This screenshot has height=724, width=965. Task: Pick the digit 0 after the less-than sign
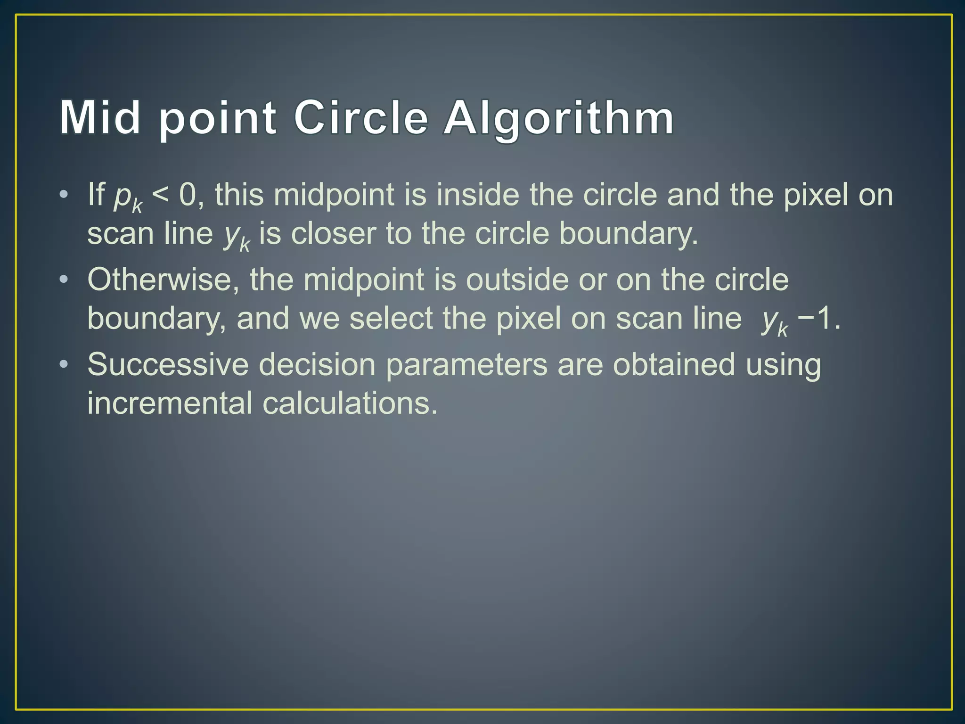pos(188,194)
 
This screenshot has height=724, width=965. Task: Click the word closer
pos(333,233)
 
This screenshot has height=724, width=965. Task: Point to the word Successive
pos(168,364)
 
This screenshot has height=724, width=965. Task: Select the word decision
pos(317,364)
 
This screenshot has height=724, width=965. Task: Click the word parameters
pos(466,365)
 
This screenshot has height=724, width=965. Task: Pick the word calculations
pos(350,403)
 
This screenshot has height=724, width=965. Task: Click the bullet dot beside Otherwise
pos(64,280)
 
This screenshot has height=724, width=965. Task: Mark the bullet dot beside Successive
pos(64,364)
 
